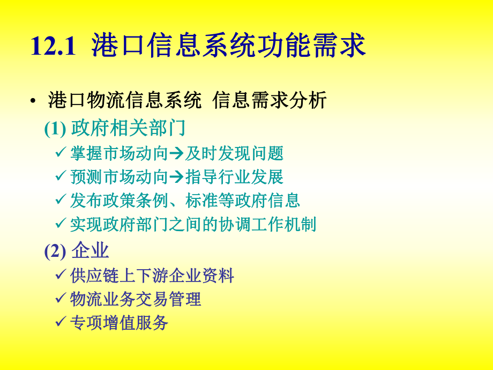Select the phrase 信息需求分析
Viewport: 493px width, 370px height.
(270, 100)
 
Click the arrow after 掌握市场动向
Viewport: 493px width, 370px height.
(176, 154)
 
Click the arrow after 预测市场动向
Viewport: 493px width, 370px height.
(176, 177)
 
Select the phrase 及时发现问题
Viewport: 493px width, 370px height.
(234, 154)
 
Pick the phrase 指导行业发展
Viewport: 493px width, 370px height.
(234, 177)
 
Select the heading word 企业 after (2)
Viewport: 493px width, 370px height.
(90, 250)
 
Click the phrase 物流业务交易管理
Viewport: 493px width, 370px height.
(136, 299)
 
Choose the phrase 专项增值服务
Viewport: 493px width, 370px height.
(119, 323)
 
